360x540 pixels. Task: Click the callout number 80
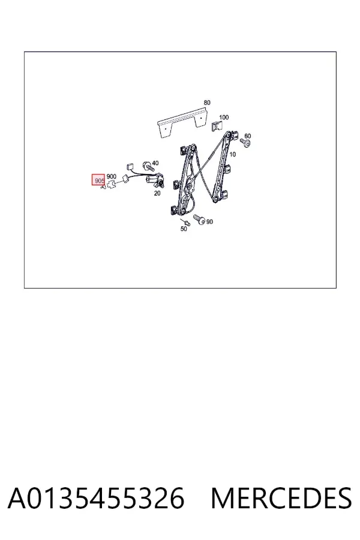206,103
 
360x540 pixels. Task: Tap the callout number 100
224,118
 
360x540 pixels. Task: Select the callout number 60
247,136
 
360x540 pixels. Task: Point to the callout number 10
233,154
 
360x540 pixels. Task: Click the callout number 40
155,163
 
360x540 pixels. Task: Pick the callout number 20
157,194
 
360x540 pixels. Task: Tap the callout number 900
111,176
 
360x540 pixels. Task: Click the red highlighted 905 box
98,180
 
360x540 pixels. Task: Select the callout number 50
184,229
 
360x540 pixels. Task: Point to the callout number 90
209,222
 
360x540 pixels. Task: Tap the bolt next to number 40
147,166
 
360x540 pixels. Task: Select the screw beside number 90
199,219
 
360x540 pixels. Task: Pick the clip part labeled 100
215,127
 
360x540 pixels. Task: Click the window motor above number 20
155,181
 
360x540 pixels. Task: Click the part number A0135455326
96,499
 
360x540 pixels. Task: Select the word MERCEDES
281,499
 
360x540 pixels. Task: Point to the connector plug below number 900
111,185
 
